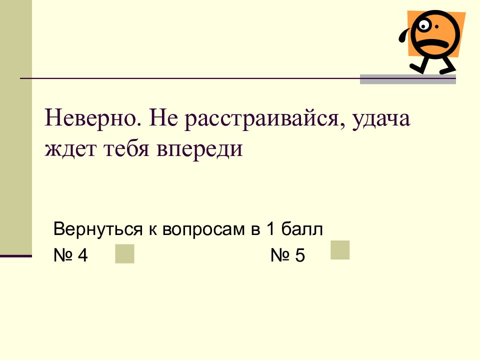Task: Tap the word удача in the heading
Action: tap(381, 120)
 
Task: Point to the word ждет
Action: tap(70, 149)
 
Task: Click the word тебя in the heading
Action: tap(126, 148)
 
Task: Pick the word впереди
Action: tap(199, 149)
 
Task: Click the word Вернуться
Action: tap(98, 229)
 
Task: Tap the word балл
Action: tap(302, 228)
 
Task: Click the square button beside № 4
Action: tap(124, 253)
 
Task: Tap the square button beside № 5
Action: tap(340, 250)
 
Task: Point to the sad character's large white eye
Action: tap(424, 25)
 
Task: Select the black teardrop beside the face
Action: tap(404, 34)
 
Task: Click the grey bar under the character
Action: tap(408, 79)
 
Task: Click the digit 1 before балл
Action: tap(270, 228)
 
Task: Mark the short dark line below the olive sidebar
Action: tap(16, 256)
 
